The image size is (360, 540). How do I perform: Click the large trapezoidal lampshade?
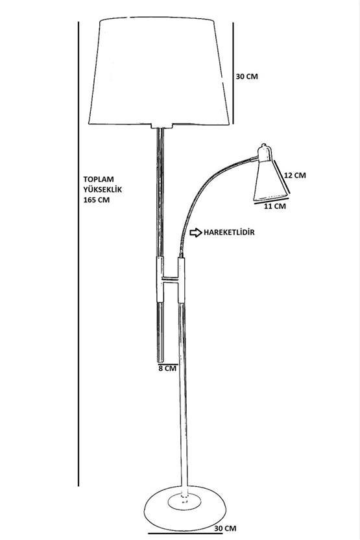coord(159,71)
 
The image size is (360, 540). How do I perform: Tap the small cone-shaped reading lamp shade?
coord(270,182)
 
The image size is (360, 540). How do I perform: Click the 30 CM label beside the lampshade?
coord(246,76)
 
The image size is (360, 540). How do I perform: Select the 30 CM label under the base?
coord(225,528)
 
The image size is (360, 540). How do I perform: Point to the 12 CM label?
coord(295,175)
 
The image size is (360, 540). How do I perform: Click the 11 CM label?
coord(275,206)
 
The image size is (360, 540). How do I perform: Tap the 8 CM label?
coord(167,368)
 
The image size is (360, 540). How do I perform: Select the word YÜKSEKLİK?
coord(102,189)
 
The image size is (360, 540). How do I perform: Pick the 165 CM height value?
coord(97,200)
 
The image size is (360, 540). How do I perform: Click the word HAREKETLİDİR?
coord(229,233)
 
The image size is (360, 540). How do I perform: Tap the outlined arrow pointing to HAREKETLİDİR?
coord(196,233)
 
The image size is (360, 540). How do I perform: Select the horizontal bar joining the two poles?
coord(171,278)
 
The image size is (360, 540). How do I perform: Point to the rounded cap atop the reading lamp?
coord(265,152)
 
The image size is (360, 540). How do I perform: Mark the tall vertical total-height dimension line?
coord(78,254)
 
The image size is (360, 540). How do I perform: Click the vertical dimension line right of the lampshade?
coord(233,73)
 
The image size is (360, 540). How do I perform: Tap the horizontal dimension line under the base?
coord(186,534)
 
